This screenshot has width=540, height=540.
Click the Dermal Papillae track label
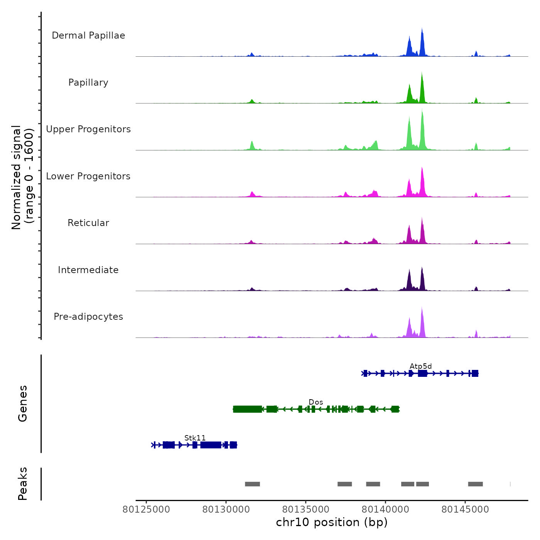pos(88,35)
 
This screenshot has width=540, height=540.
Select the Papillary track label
pos(88,83)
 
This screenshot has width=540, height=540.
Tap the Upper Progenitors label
pos(88,129)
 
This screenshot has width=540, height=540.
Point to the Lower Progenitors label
pos(88,176)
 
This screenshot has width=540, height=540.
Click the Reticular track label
pos(88,223)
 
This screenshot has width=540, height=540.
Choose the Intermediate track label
pos(88,270)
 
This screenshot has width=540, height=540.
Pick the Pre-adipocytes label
pos(88,317)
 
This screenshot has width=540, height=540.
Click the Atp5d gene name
pos(420,366)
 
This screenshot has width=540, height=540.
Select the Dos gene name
pos(316,402)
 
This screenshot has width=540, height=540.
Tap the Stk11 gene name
pos(195,438)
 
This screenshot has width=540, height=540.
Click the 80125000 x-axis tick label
pos(146,510)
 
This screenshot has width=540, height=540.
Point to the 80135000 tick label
pos(306,510)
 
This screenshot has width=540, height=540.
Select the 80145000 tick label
pos(465,510)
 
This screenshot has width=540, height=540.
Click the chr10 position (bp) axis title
pos(332,522)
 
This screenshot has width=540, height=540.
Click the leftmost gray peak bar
pos(252,484)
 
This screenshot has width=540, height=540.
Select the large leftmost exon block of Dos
pos(247,409)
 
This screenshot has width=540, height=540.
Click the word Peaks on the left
pos(22,484)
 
